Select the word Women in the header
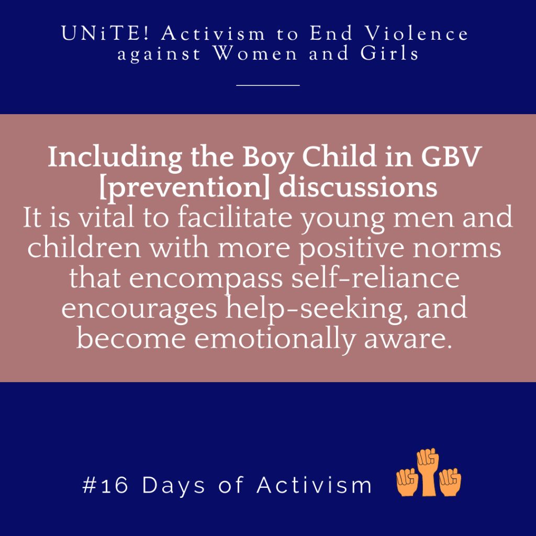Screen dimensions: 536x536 tap(255, 54)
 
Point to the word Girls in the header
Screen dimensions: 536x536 tap(389, 54)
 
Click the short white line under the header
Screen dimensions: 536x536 tap(268, 85)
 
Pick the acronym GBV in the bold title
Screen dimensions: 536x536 tap(451, 157)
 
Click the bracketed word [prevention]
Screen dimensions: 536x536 tap(184, 187)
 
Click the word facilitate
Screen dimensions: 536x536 tap(235, 217)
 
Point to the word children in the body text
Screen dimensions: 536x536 tap(84, 247)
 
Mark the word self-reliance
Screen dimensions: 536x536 tap(375, 277)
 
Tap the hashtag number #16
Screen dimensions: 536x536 tap(105, 485)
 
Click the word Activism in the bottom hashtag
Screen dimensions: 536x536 tap(314, 485)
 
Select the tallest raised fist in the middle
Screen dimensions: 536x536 tap(428, 472)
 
